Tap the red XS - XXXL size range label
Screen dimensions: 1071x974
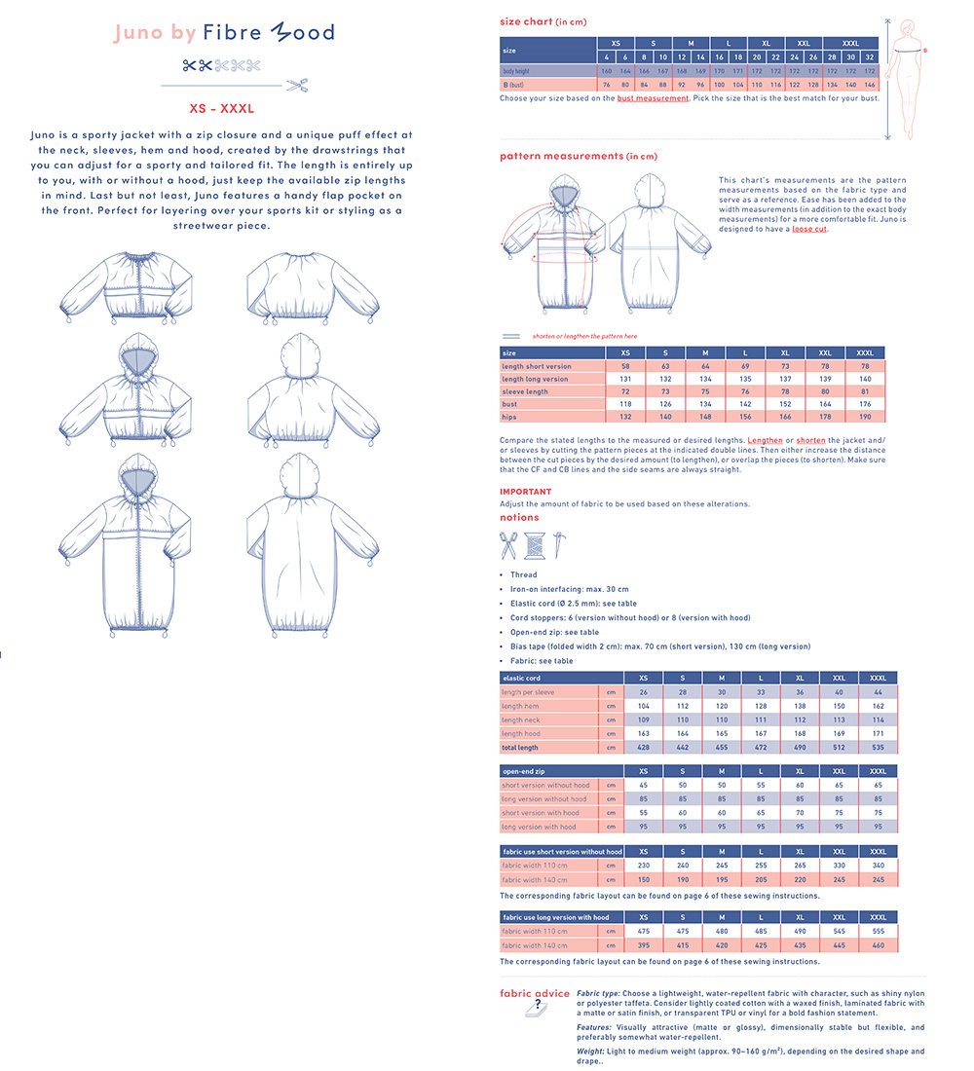(222, 110)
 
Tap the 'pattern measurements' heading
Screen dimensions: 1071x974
(562, 156)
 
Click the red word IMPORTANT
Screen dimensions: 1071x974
(525, 492)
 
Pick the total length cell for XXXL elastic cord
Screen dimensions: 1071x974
(877, 748)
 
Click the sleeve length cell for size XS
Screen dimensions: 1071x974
(624, 390)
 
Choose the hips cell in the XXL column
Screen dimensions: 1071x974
(826, 416)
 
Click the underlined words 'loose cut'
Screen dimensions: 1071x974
(808, 229)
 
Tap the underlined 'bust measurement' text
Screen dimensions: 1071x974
(653, 98)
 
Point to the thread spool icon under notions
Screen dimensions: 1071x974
(533, 545)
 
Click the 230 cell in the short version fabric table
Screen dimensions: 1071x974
(644, 865)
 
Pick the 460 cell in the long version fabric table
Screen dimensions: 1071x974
(877, 945)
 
